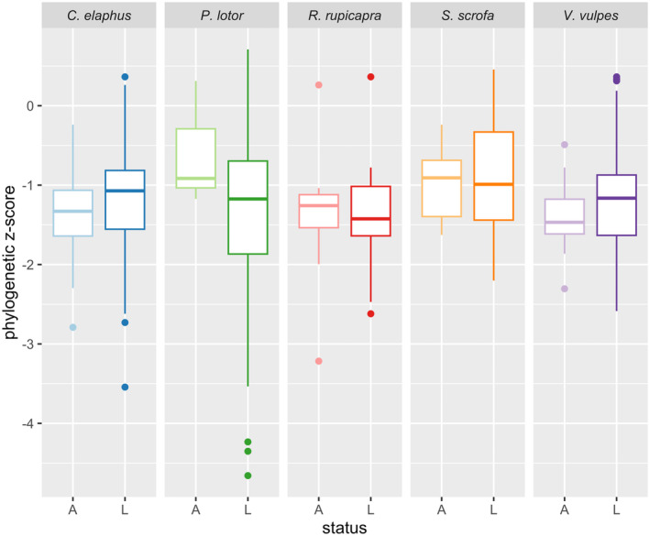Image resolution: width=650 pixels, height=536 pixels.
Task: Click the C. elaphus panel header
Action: click(x=98, y=16)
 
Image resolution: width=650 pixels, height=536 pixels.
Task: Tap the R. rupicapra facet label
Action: click(x=344, y=16)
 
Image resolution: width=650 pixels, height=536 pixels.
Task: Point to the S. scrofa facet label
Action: click(x=467, y=16)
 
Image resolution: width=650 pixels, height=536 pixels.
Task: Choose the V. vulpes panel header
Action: click(x=589, y=16)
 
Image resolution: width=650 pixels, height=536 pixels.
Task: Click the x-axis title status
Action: click(x=344, y=526)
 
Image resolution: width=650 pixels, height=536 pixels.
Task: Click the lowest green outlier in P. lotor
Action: click(x=248, y=476)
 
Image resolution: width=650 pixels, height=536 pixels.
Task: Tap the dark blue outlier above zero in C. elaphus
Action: click(x=125, y=77)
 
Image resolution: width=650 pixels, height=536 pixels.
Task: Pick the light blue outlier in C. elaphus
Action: click(x=72, y=327)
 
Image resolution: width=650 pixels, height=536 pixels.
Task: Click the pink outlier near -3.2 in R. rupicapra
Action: click(x=318, y=361)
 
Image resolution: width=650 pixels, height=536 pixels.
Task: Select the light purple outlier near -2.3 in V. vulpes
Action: click(x=564, y=289)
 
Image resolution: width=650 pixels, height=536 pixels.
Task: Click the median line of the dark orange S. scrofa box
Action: click(x=493, y=184)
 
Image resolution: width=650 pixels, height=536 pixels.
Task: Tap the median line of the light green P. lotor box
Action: click(x=195, y=178)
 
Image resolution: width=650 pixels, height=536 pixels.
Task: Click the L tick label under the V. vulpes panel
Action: click(x=616, y=508)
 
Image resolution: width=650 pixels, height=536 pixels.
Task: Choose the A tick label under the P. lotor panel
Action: click(x=195, y=508)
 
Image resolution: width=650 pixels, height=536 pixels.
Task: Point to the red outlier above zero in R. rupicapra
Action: click(x=370, y=77)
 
